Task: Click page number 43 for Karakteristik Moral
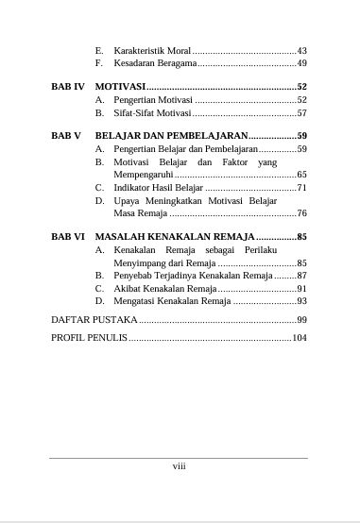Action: [301, 50]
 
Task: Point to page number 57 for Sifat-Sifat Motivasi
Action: [301, 112]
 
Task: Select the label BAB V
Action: [66, 136]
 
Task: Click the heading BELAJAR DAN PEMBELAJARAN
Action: [170, 136]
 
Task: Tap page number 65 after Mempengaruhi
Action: [301, 175]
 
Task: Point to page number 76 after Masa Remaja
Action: [301, 214]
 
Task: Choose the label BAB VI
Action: [68, 237]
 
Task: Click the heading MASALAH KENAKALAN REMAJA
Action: [175, 237]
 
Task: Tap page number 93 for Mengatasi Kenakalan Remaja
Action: [301, 301]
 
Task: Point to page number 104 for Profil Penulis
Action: [299, 338]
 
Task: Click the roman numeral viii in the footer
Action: [179, 465]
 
